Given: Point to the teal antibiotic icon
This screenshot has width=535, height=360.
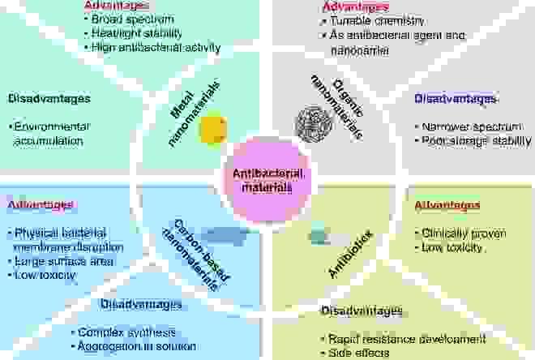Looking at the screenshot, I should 319,235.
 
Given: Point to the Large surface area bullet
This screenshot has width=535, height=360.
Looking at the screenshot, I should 62,262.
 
